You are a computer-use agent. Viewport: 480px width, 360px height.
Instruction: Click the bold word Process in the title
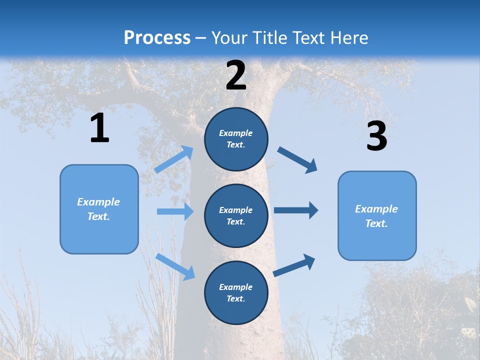point(157,37)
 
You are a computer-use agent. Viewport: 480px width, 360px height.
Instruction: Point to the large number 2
point(236,75)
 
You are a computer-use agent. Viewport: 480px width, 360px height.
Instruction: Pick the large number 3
point(376,136)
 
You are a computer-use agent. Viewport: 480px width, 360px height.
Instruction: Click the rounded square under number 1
point(99,209)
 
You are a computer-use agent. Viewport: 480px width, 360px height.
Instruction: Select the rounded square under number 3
point(377,215)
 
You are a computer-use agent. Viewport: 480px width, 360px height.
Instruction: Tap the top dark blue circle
point(236,138)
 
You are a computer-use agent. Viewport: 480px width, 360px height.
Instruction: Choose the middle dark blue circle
point(236,215)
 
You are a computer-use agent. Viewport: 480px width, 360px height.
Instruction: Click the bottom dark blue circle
point(236,292)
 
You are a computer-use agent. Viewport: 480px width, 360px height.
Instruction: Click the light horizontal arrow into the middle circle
point(175,211)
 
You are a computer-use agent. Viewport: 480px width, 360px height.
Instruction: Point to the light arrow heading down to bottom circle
point(175,266)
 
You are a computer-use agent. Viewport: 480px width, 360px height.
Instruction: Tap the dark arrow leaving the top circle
point(297,160)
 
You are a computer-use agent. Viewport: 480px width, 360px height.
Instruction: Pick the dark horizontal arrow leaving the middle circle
point(296,210)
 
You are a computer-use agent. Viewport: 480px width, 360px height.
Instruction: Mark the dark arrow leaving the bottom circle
point(294,265)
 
